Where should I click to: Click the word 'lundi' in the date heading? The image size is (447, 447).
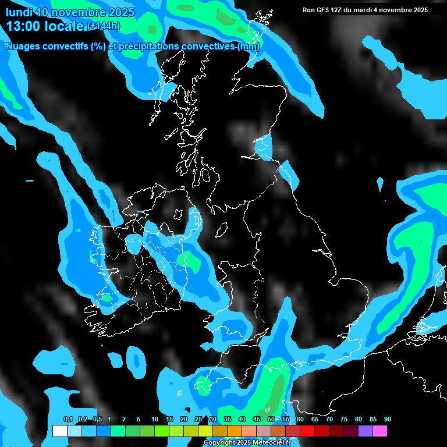(19, 12)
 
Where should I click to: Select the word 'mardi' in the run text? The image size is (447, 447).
(371, 10)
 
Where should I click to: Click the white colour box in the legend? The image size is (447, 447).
(59, 431)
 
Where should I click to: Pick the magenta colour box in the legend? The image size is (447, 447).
(380, 431)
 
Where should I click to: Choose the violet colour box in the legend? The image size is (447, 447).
(366, 431)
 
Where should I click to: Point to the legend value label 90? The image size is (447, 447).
(387, 420)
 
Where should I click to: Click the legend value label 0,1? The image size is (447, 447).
(68, 420)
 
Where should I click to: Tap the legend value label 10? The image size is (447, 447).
(154, 420)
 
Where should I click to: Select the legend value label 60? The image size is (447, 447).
(300, 420)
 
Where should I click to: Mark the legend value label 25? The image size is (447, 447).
(198, 420)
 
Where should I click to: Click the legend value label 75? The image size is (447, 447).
(343, 420)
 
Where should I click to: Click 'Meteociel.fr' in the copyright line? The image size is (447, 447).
(272, 443)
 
